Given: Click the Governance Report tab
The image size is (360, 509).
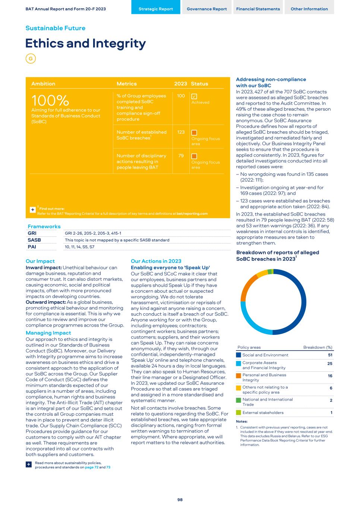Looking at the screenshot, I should click(x=206, y=9).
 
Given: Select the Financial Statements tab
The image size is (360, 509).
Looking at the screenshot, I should click(x=258, y=9).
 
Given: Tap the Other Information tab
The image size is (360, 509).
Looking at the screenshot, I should click(x=309, y=9).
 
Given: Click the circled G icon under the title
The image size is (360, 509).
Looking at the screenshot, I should click(x=31, y=59).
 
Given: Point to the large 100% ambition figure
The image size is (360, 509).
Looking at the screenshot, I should click(x=50, y=101).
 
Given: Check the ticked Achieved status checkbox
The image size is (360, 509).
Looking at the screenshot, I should click(x=194, y=96).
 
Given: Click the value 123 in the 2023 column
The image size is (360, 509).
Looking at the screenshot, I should click(x=181, y=132).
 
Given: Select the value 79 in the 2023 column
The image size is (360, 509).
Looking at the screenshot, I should click(x=181, y=155).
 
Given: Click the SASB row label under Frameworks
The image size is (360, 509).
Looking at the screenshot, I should click(x=34, y=240).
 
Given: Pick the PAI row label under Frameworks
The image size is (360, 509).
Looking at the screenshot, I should click(x=32, y=247).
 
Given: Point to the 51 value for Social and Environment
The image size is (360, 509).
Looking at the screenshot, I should click(x=330, y=355).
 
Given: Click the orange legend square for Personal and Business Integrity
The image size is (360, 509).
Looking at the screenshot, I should click(x=239, y=376).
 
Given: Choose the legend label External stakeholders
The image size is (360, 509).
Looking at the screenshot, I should click(x=263, y=413).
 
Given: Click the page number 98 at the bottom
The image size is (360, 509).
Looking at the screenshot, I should click(x=180, y=500).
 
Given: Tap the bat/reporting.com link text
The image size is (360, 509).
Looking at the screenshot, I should click(x=192, y=214).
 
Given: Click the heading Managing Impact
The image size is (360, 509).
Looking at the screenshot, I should click(x=48, y=333).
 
